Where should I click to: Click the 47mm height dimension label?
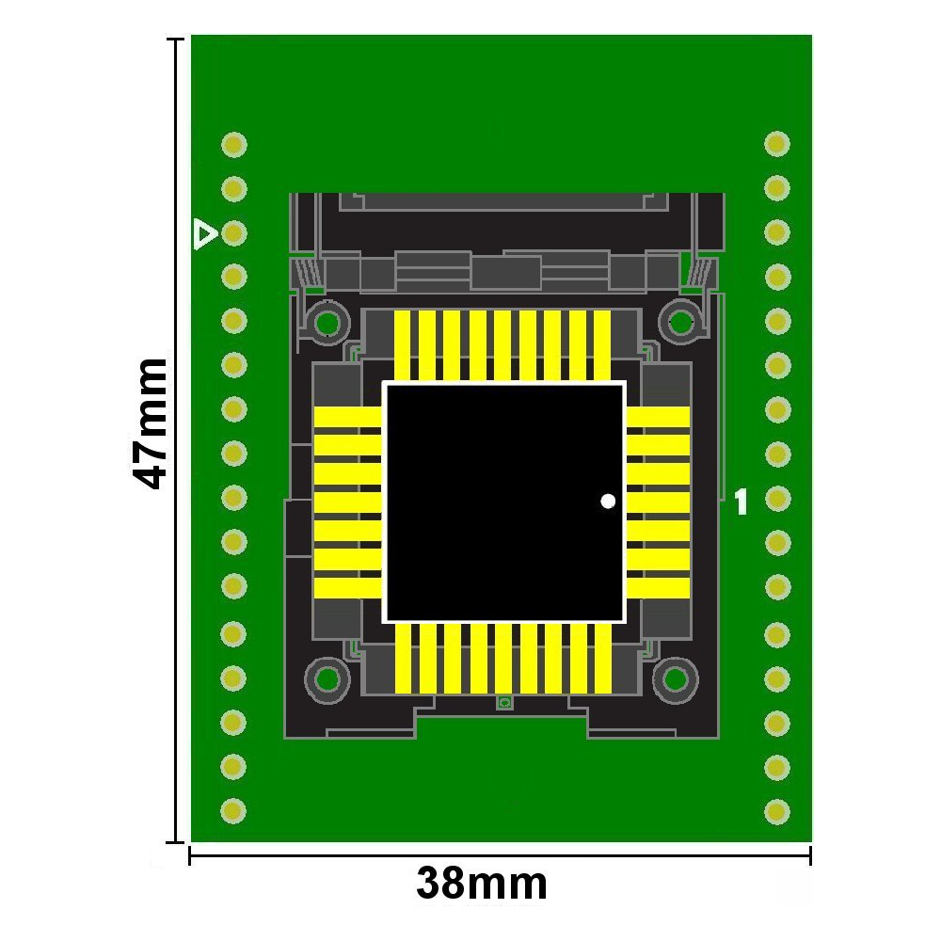149,423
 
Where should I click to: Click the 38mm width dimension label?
482,883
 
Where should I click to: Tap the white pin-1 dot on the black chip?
608,501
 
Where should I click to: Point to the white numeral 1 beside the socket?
742,502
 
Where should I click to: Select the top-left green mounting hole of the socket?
327,324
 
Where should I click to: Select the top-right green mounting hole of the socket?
680,322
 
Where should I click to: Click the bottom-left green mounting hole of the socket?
327,679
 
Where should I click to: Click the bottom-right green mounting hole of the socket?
675,678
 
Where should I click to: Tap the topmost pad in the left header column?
234,145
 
